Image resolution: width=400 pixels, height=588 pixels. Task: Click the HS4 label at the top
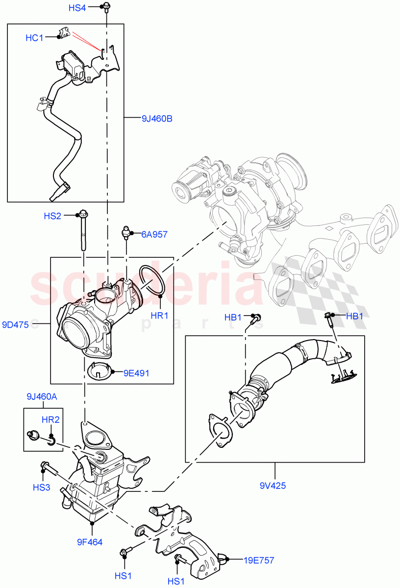(x=77, y=8)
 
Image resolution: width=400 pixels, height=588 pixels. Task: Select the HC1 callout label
(x=35, y=38)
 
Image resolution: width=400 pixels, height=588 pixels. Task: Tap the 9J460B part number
(x=157, y=118)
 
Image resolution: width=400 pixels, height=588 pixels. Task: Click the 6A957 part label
(x=154, y=235)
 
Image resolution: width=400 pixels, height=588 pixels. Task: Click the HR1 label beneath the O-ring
(x=160, y=316)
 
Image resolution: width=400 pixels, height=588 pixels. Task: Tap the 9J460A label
(x=42, y=397)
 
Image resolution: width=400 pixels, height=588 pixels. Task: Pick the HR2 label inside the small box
(x=50, y=419)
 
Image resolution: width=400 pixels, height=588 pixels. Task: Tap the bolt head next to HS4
(x=105, y=7)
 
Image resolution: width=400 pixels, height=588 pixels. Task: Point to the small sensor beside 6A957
(x=126, y=232)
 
